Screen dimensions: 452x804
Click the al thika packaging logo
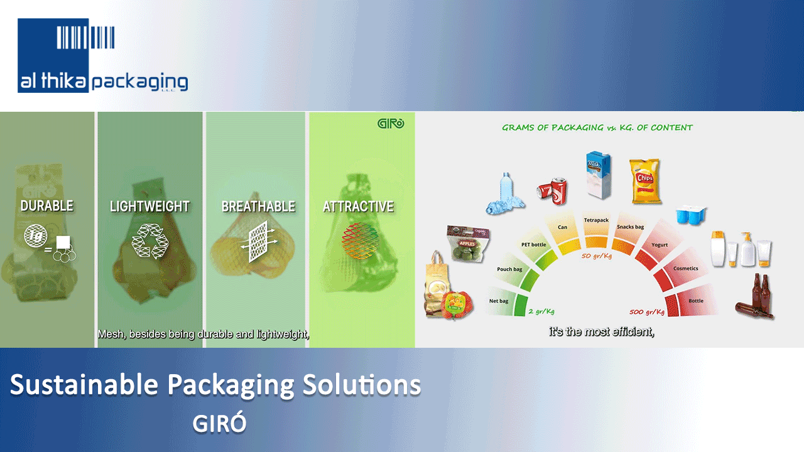[102, 56]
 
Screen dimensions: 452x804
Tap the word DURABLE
[46, 206]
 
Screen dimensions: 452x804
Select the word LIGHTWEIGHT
[149, 207]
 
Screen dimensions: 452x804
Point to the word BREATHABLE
[258, 207]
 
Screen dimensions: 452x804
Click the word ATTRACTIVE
[358, 207]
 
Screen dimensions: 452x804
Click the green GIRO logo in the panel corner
[390, 124]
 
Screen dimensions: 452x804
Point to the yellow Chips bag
[645, 181]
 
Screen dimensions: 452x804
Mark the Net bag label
[499, 301]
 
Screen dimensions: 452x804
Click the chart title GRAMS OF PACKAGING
[551, 127]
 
